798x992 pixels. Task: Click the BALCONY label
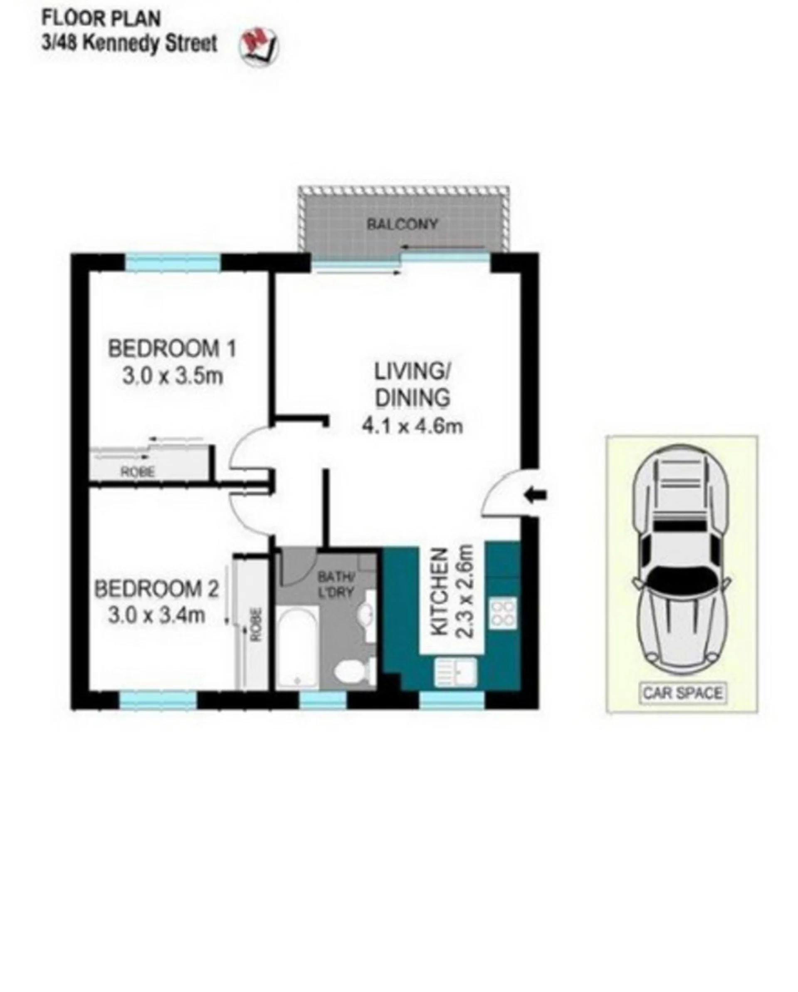tap(402, 224)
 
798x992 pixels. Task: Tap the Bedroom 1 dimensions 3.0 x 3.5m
tap(173, 377)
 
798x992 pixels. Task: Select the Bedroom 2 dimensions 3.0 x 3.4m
tap(156, 615)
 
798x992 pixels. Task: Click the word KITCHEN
tap(440, 592)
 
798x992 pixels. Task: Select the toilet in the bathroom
tap(354, 673)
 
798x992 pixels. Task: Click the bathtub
tap(297, 647)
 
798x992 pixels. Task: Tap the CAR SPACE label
tap(682, 693)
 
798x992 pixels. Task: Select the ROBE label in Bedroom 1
tap(138, 471)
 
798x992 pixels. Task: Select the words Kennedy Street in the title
tap(150, 44)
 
